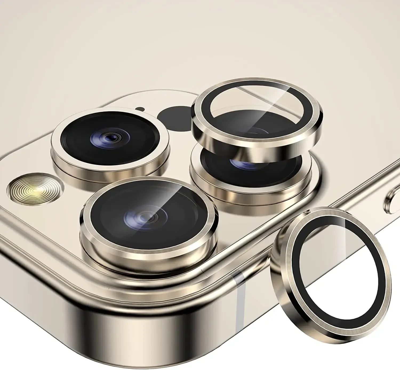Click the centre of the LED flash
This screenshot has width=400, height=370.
tap(35, 189)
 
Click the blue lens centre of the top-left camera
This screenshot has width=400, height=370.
tap(110, 138)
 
